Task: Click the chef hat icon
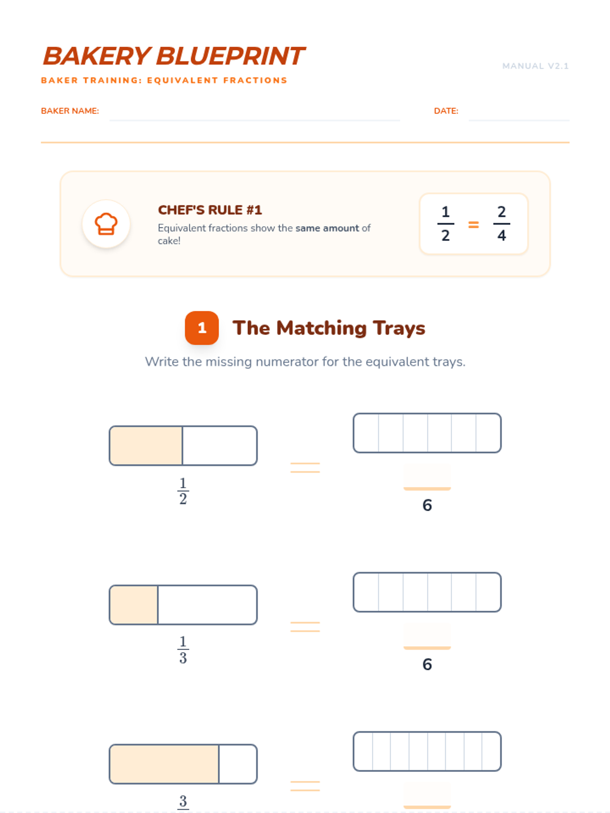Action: (x=106, y=224)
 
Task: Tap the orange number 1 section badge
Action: (x=201, y=328)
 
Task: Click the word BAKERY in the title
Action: (x=97, y=56)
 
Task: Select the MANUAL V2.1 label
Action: (x=535, y=66)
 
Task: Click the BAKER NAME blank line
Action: (x=255, y=120)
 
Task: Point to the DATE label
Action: (x=446, y=111)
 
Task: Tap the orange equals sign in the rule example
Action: (x=473, y=224)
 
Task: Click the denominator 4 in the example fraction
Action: (x=502, y=235)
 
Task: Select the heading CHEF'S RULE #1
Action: (x=210, y=210)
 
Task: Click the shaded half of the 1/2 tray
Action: (x=146, y=445)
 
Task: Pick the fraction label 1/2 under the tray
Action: (x=183, y=490)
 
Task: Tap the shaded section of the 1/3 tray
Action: (x=134, y=605)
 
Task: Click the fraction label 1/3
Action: (x=183, y=649)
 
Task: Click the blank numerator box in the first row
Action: (x=427, y=476)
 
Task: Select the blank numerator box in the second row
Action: (x=427, y=635)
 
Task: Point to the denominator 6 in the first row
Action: (x=427, y=505)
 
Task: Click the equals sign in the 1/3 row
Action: (x=305, y=627)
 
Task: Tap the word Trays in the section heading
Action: (x=399, y=328)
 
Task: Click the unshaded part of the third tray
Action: (x=238, y=764)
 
